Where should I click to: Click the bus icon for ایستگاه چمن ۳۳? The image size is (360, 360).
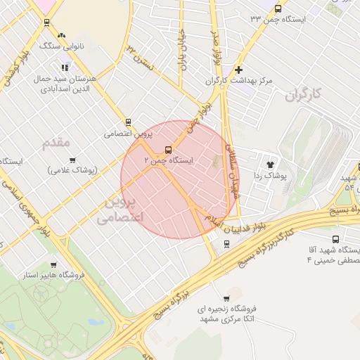tap(278, 9)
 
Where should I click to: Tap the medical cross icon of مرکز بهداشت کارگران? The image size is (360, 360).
tap(239, 70)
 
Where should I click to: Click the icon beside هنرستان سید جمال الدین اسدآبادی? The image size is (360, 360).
tap(65, 67)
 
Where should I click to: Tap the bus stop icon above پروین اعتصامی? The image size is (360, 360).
tap(128, 122)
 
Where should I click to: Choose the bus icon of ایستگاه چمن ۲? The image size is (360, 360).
tap(168, 150)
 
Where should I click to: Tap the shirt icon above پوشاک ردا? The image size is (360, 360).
tap(270, 164)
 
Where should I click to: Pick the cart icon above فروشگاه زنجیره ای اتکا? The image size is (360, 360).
tap(226, 298)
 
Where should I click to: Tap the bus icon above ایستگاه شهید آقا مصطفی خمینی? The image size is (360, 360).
tap(335, 239)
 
